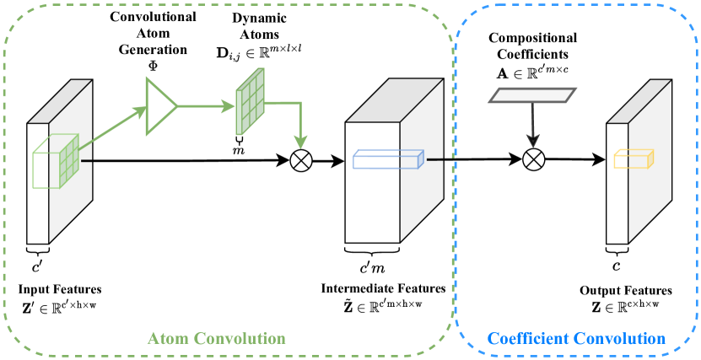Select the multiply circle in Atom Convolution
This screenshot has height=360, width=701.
coord(301,159)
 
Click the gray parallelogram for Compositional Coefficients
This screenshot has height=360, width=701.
coord(530,97)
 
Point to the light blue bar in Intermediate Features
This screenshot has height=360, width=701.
coord(384,159)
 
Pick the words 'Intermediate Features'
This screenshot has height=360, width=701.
coord(383,289)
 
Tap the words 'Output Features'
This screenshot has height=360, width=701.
coord(625,291)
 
